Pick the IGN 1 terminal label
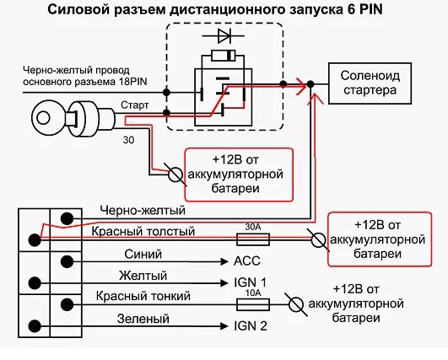(245, 282)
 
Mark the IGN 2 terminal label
(245, 325)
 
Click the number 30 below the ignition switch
(128, 139)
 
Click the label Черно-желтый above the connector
(142, 210)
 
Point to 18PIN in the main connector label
(127, 84)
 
